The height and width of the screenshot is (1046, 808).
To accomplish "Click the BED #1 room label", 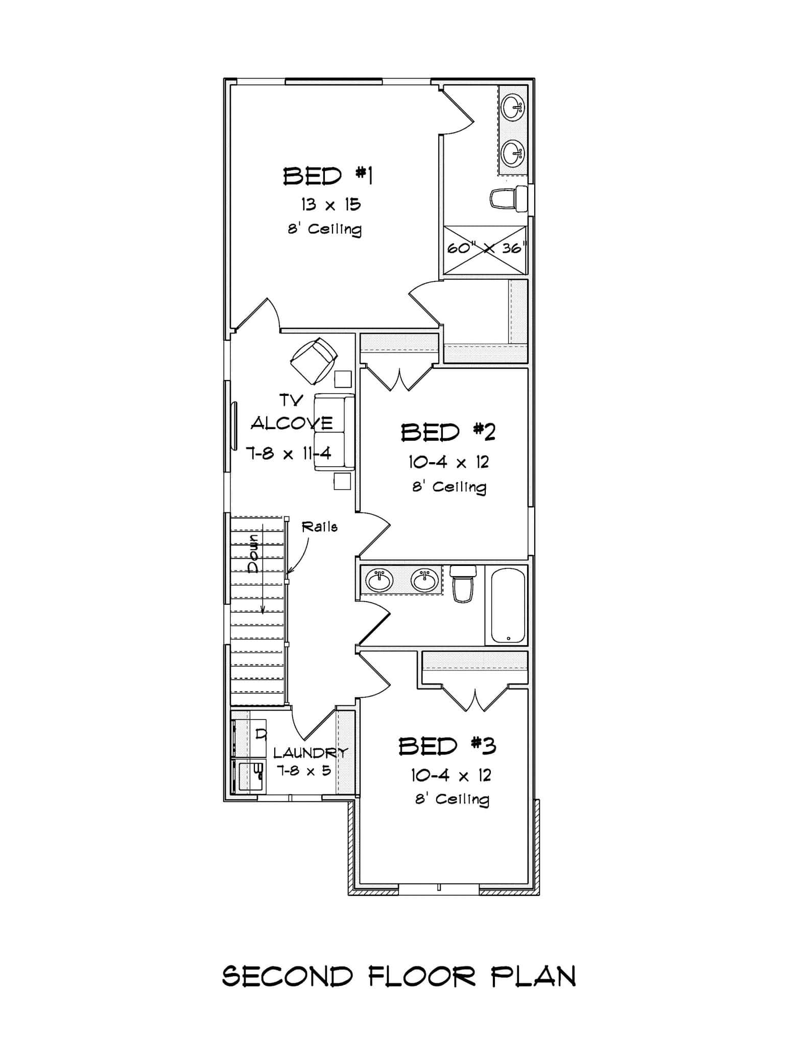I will [x=328, y=176].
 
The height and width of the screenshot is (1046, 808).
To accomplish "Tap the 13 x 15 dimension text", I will [x=330, y=205].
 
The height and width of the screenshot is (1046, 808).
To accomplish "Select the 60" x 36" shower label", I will [x=486, y=248].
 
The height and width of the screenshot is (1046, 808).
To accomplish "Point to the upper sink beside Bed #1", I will [x=513, y=108].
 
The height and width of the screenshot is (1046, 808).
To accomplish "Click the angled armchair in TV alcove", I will [x=314, y=360].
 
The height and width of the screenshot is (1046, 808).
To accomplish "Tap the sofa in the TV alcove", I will [x=334, y=432].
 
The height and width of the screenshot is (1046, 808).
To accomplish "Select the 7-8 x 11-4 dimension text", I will [x=289, y=453].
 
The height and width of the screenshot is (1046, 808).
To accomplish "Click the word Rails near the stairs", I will [x=320, y=527].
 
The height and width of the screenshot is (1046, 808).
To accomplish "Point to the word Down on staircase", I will [x=253, y=554].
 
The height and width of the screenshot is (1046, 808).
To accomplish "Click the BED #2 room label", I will [x=448, y=432].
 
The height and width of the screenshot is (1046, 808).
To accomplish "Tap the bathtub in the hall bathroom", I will [x=508, y=605].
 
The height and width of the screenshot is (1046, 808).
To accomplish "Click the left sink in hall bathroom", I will [x=379, y=580].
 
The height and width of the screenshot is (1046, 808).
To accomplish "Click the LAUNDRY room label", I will [x=310, y=752].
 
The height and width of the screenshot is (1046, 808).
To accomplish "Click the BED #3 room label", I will [x=447, y=746].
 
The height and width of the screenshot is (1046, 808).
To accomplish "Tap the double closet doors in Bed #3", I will [x=475, y=699].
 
